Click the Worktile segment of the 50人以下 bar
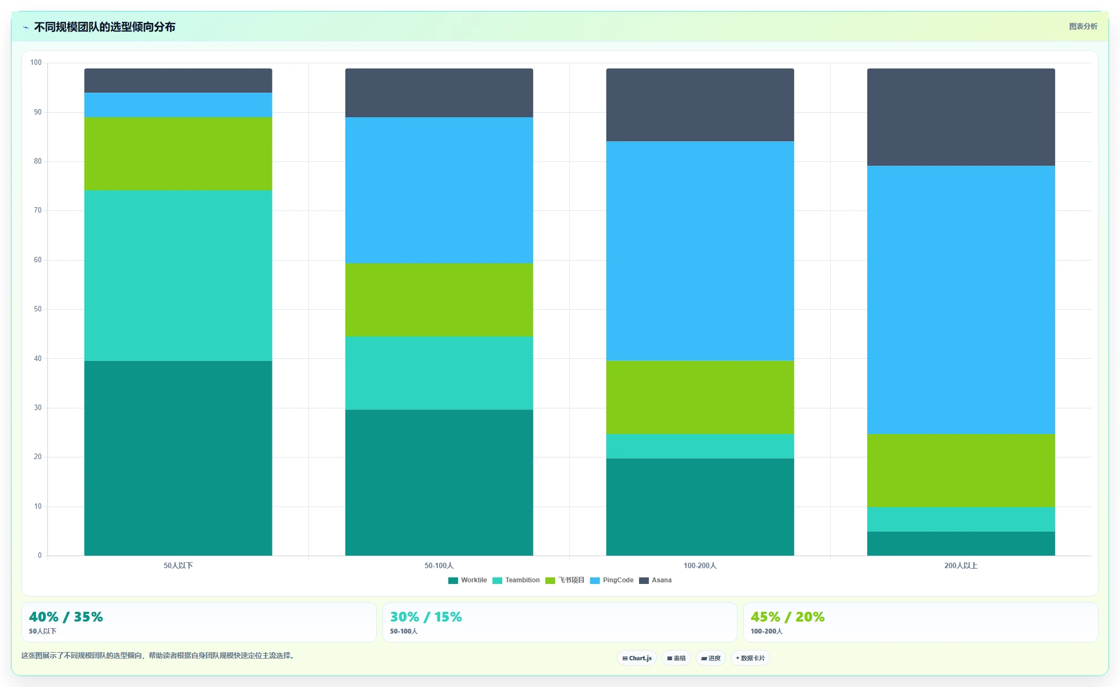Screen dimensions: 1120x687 [x=178, y=458]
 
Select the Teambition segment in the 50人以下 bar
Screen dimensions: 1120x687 [x=178, y=275]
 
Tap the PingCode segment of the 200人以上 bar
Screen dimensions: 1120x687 [x=961, y=300]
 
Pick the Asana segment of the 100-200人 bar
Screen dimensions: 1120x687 [x=700, y=105]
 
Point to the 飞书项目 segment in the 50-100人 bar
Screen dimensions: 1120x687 [x=439, y=300]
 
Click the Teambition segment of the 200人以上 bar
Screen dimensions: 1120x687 [x=961, y=519]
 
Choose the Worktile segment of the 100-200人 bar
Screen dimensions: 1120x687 [x=700, y=507]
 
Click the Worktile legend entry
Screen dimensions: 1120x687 [x=467, y=580]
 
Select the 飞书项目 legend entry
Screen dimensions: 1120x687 [x=565, y=580]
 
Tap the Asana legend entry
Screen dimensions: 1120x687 [x=655, y=580]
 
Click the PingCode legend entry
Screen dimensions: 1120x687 [x=612, y=580]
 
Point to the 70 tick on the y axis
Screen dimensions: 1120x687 [x=38, y=210]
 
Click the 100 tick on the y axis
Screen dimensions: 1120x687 [x=36, y=63]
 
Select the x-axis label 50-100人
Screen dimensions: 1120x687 [x=439, y=565]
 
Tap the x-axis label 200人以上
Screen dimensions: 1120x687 [x=961, y=565]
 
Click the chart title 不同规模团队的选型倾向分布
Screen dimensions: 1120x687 [x=105, y=27]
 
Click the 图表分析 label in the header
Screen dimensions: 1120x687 [x=1083, y=26]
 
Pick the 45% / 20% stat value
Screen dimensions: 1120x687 [x=787, y=617]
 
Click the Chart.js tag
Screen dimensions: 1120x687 [x=637, y=658]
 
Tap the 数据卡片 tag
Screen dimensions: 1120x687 [x=750, y=658]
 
